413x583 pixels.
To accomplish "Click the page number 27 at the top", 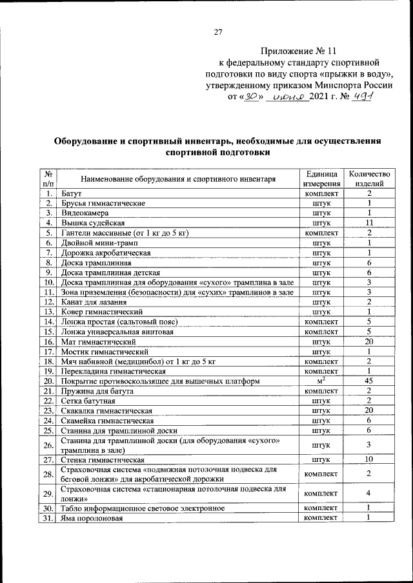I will coord(217,32).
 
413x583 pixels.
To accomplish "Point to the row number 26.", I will coord(48,445).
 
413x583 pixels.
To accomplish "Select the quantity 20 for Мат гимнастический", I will coord(369,341).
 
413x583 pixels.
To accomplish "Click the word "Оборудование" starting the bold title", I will coord(85,140).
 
